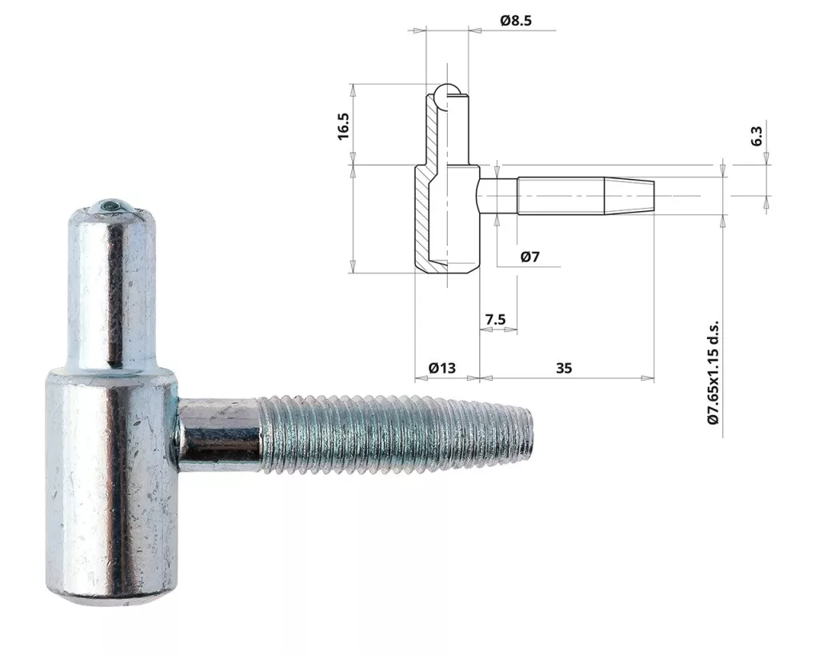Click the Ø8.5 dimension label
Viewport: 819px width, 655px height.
(516, 20)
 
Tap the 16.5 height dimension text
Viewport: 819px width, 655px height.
(343, 126)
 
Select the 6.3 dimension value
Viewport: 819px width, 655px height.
(757, 136)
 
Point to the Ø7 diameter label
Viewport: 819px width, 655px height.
(529, 257)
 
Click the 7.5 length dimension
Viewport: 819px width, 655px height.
(495, 318)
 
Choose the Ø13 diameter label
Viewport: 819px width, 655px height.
(441, 368)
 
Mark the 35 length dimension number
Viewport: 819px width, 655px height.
(564, 368)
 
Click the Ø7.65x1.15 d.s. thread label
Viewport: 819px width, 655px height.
(713, 373)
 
